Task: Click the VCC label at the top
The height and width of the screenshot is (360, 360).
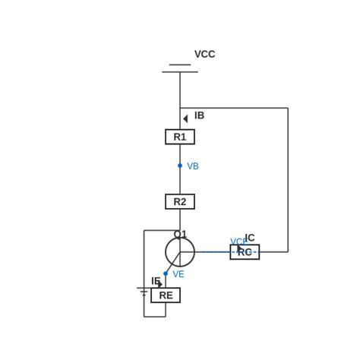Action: click(x=204, y=54)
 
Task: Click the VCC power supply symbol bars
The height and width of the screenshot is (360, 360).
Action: click(x=180, y=68)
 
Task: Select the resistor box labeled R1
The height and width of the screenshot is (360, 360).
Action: click(x=180, y=137)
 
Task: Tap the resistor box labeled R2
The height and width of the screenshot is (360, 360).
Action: click(x=180, y=201)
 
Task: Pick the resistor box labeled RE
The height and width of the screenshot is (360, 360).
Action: click(x=166, y=295)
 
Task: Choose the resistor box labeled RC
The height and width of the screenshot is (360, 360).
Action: click(x=245, y=252)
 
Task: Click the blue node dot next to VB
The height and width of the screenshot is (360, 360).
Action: click(x=180, y=166)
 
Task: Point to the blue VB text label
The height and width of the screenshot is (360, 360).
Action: click(x=193, y=166)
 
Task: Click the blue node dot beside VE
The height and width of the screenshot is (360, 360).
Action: click(x=166, y=273)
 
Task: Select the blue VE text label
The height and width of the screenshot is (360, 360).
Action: click(x=178, y=274)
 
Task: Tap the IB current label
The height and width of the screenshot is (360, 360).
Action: click(x=199, y=115)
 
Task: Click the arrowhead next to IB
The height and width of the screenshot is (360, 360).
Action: click(x=185, y=118)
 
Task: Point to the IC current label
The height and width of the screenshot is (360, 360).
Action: click(x=250, y=238)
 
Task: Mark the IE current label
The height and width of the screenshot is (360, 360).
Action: click(x=155, y=280)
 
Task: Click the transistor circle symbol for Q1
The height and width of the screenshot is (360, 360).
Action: click(x=180, y=252)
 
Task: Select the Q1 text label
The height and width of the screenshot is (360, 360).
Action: click(x=180, y=234)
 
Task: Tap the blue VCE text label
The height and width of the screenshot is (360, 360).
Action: click(x=238, y=242)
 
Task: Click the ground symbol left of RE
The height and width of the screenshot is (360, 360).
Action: click(x=144, y=291)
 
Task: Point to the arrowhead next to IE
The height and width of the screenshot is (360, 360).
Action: click(x=160, y=285)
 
